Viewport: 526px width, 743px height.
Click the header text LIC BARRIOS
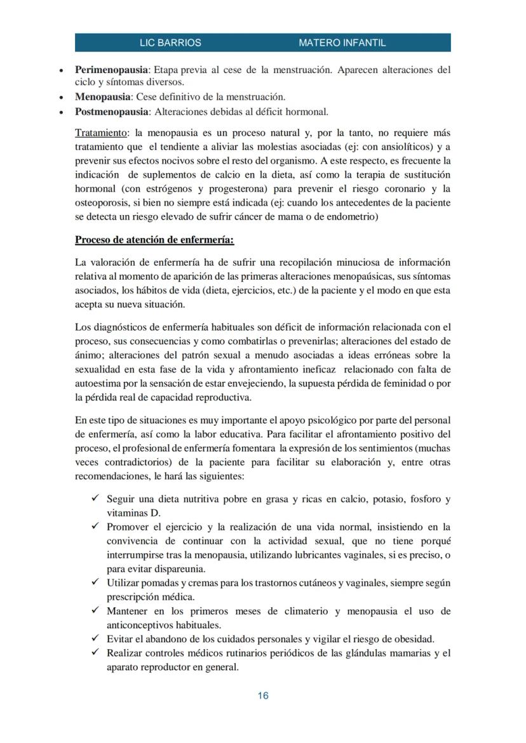(x=170, y=43)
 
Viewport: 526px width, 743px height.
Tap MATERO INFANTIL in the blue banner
(x=342, y=43)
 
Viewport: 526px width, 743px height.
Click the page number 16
(x=263, y=695)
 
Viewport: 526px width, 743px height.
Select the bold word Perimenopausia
(x=111, y=69)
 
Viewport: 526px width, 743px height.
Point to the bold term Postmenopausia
(x=111, y=112)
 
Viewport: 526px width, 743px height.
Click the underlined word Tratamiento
(x=101, y=133)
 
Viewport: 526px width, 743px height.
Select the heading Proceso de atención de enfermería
(x=154, y=240)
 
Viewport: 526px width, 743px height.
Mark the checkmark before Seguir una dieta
(x=95, y=499)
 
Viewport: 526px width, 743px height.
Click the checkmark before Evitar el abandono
(x=95, y=638)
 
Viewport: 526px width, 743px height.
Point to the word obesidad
(x=415, y=638)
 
